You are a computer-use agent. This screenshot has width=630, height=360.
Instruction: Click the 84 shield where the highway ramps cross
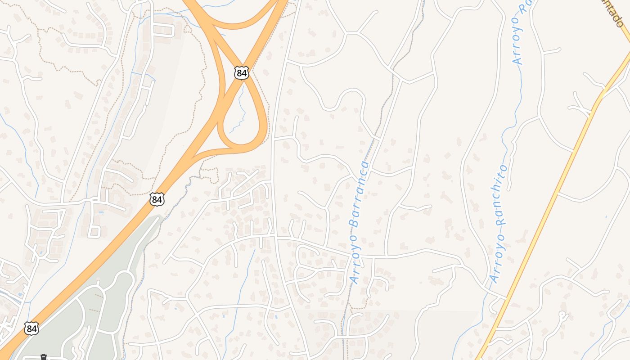coord(242,72)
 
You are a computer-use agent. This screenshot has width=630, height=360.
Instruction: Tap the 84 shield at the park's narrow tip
coord(157,199)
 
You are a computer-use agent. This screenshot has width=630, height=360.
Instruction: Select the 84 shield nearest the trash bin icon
coord(31,328)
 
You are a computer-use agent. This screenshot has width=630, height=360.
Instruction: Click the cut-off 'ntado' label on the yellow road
coord(615,13)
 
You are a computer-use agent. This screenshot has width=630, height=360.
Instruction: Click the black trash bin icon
coord(44,357)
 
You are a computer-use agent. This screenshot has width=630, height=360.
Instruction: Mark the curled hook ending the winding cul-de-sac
coord(562,315)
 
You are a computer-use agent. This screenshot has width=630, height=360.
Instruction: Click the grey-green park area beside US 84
coord(103,292)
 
